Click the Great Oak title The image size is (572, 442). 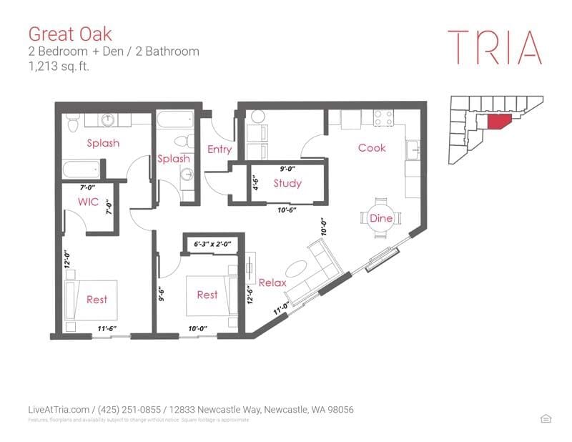[69, 33]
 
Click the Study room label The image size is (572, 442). [287, 183]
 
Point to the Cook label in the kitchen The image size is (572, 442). [372, 147]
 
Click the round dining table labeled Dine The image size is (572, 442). [381, 217]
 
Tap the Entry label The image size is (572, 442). [219, 149]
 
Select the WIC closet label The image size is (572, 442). [88, 202]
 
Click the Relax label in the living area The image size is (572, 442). [272, 283]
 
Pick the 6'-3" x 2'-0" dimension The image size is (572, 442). [213, 244]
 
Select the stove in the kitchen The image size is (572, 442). [383, 115]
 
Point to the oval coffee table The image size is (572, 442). [295, 270]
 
